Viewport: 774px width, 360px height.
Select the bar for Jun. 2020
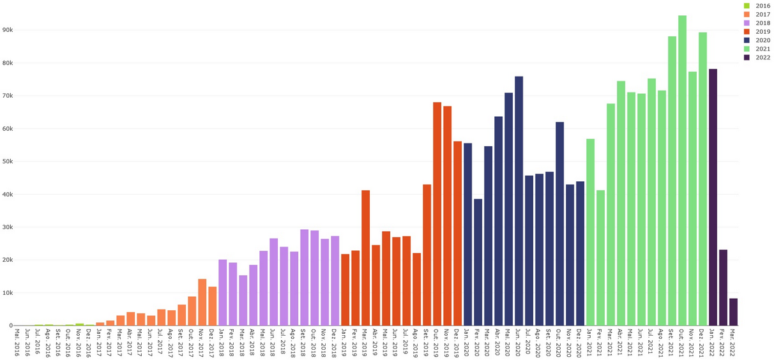click(x=519, y=201)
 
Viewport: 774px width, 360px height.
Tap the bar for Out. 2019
click(x=437, y=214)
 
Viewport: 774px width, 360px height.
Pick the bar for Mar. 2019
click(x=365, y=258)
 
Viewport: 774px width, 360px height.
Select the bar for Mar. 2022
click(x=733, y=312)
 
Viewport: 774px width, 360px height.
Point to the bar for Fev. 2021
click(x=600, y=258)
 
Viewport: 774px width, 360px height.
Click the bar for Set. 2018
click(x=304, y=278)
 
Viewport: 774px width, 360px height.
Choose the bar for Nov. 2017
click(x=202, y=303)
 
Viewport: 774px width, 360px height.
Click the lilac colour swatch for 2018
click(x=747, y=23)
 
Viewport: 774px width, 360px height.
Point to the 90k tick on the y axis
click(x=8, y=30)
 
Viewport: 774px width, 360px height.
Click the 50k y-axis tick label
click(x=8, y=161)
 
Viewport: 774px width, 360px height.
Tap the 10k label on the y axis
click(x=8, y=293)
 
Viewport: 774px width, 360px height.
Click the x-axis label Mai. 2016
click(x=17, y=342)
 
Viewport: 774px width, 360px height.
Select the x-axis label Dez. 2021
click(x=702, y=342)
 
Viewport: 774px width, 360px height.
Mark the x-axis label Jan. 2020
click(x=467, y=342)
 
